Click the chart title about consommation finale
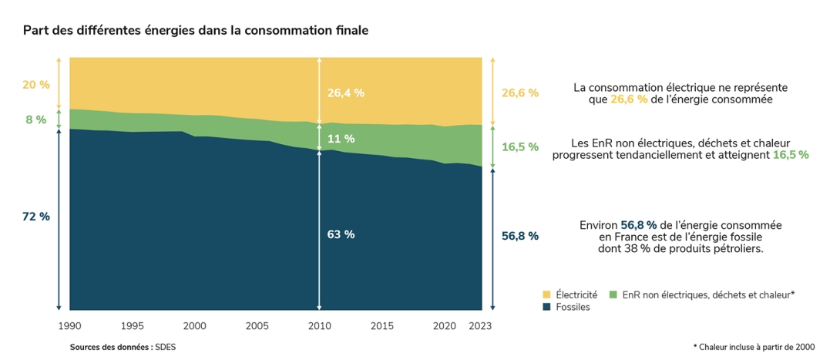tap(195, 31)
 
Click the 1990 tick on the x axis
tap(69, 325)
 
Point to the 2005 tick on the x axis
tap(257, 325)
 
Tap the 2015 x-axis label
tap(382, 325)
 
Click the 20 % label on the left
tap(35, 84)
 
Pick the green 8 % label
tap(35, 119)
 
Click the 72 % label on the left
tap(35, 217)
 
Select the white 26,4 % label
tap(345, 93)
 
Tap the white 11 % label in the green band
tap(341, 139)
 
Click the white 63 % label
tap(341, 234)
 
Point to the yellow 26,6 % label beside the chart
tap(519, 93)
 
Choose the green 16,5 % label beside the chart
tap(519, 146)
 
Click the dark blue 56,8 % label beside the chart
tap(519, 236)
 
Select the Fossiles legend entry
tap(572, 307)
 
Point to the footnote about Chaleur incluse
tap(753, 347)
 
